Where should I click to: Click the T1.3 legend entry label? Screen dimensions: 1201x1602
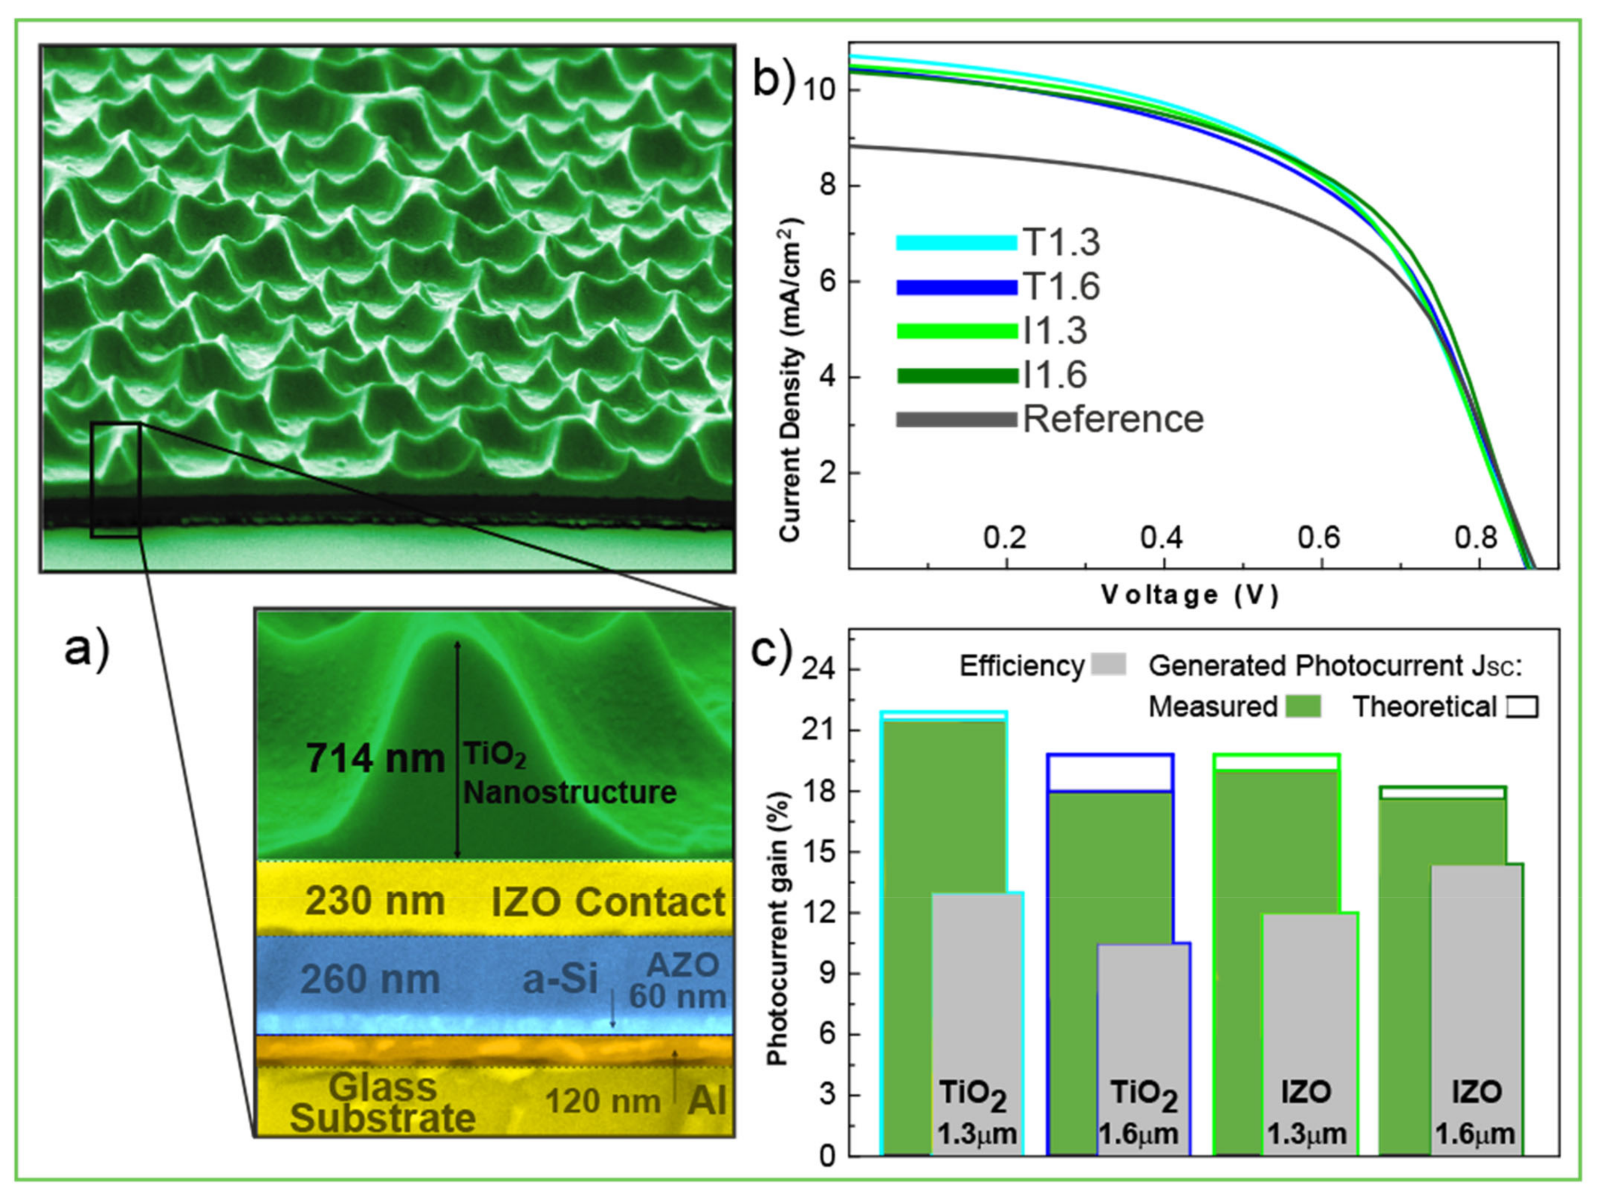point(1061,243)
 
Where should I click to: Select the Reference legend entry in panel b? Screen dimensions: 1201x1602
point(1113,420)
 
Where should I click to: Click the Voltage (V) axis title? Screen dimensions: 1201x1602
point(1190,595)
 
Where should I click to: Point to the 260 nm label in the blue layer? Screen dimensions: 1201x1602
point(370,979)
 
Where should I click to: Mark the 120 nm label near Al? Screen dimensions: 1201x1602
point(603,1102)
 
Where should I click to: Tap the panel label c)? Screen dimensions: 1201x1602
point(772,650)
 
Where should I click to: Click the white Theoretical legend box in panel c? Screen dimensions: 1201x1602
point(1521,707)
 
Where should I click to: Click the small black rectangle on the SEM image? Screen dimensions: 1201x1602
point(115,480)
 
